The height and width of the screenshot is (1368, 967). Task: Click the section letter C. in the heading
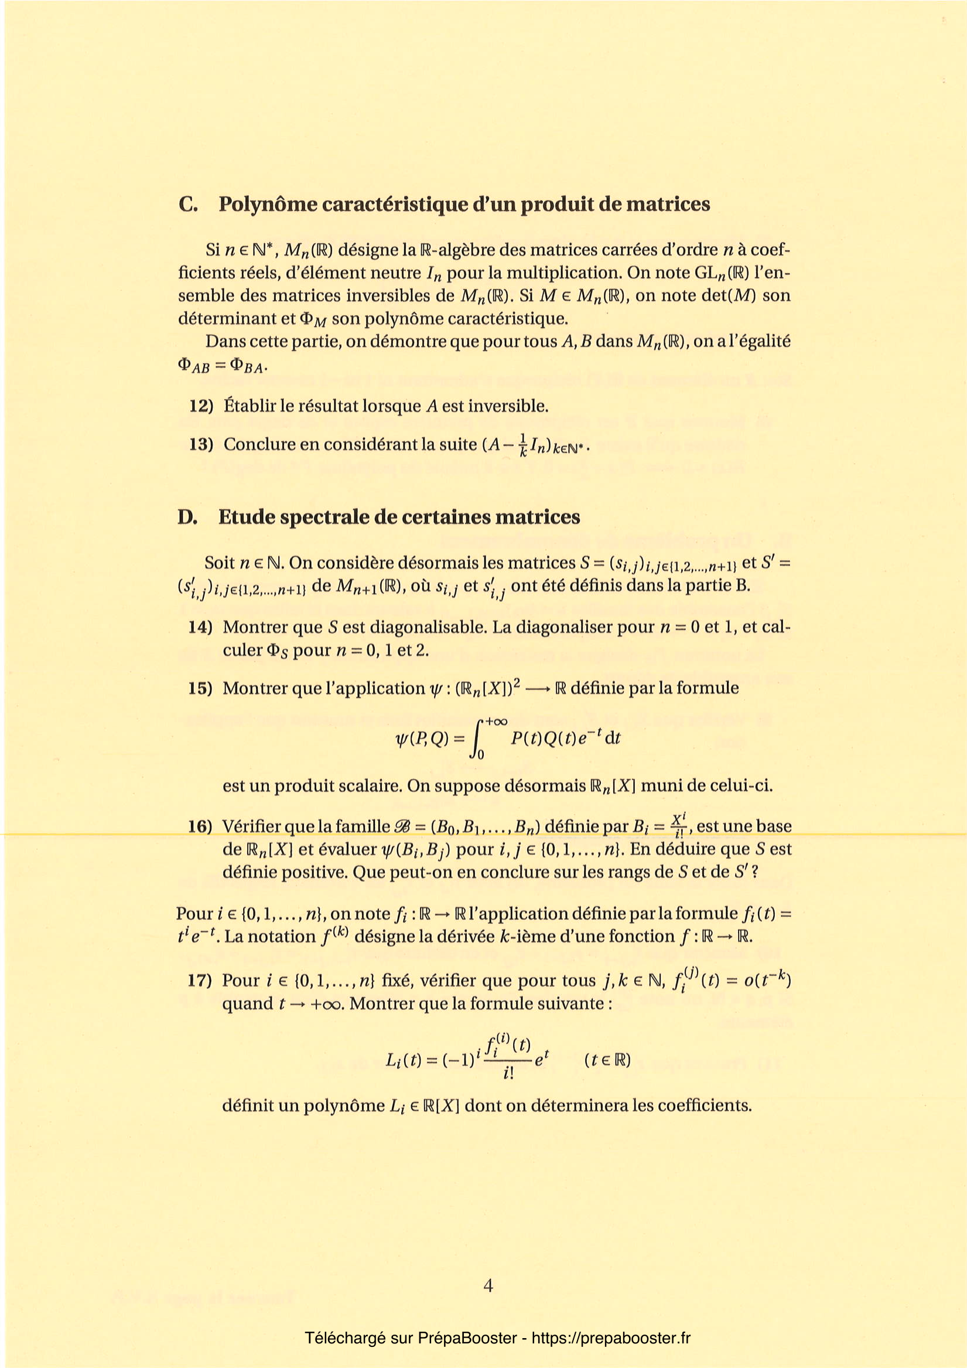188,204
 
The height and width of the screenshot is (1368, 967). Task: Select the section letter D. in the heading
187,517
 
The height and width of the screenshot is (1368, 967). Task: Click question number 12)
201,407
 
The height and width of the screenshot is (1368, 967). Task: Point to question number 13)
201,445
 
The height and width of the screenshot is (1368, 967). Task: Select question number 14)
201,627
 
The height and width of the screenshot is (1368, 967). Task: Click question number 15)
201,688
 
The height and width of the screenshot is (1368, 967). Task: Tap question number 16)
200,827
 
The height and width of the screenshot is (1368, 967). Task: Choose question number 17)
200,980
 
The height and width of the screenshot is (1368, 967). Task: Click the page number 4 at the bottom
488,1286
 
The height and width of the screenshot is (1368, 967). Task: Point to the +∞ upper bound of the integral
496,722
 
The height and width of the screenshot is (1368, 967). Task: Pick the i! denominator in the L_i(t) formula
508,1074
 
